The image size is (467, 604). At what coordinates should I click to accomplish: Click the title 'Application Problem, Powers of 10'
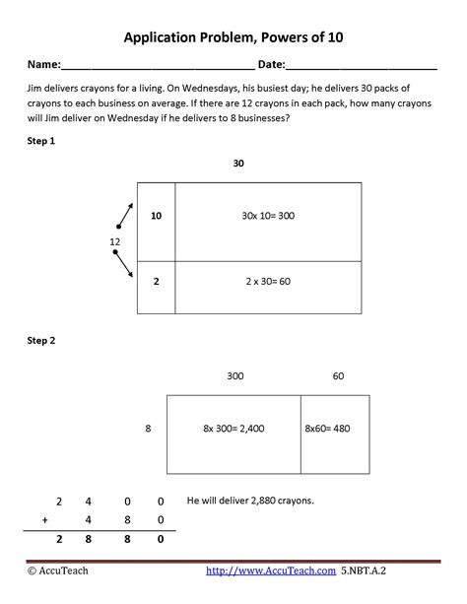pos(233,37)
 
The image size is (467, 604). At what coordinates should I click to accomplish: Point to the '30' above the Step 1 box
pos(237,163)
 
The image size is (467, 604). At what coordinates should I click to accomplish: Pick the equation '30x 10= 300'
pos(268,216)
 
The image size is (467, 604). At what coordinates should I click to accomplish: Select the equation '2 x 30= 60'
pos(268,281)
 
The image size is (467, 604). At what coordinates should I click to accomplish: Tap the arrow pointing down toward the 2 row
pos(125,266)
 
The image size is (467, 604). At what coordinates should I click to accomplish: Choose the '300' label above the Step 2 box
pos(234,375)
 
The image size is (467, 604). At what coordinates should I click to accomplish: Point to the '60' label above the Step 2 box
pos(338,375)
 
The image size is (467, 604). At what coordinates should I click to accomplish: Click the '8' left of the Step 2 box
pos(148,429)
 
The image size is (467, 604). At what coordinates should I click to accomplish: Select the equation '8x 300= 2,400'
pos(233,429)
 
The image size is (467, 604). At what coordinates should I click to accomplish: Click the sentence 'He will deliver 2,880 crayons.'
pos(250,501)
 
